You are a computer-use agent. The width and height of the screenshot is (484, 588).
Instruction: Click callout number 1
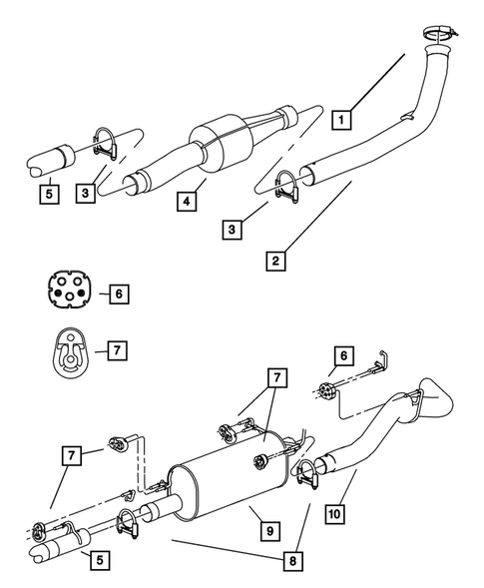tap(342, 120)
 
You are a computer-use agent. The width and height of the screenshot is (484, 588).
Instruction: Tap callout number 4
tap(185, 202)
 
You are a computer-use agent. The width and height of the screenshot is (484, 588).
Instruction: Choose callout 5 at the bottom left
tap(99, 561)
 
